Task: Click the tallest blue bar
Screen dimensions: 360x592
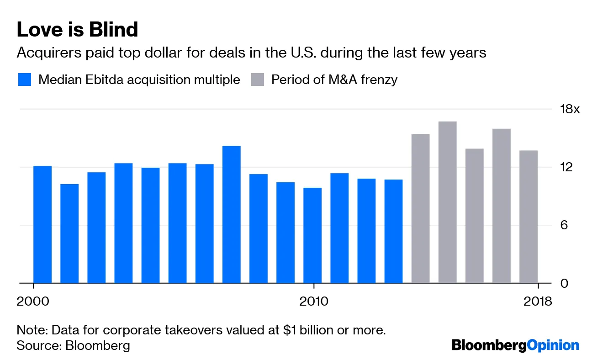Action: coord(231,215)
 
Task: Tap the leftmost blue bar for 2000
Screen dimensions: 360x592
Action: coord(42,224)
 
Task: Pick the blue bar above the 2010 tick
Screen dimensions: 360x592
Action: coord(312,235)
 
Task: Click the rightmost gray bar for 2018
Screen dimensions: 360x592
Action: coord(529,217)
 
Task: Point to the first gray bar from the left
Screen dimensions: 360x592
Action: coord(420,209)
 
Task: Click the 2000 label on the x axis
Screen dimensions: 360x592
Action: coord(33,302)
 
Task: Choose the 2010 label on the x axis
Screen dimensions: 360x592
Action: coord(313,302)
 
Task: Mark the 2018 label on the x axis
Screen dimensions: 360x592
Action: coord(537,302)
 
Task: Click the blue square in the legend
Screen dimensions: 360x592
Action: coord(25,79)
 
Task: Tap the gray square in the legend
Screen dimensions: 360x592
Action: coord(258,79)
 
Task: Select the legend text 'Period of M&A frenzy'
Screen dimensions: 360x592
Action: coord(334,79)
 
